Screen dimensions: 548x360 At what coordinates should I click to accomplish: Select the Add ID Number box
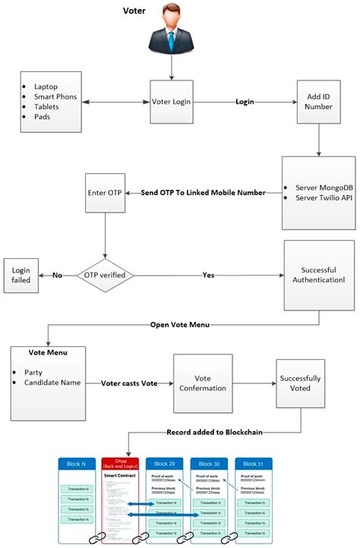[x=318, y=102]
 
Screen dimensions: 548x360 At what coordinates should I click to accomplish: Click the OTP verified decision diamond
[x=103, y=274]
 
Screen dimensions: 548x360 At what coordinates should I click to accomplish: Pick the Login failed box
[x=21, y=275]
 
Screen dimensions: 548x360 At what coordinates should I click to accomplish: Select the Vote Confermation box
[x=203, y=384]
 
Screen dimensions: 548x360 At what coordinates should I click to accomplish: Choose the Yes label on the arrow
[x=209, y=275]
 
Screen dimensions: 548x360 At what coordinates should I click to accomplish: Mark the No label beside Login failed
[x=57, y=275]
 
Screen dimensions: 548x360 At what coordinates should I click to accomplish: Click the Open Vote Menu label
[x=180, y=325]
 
